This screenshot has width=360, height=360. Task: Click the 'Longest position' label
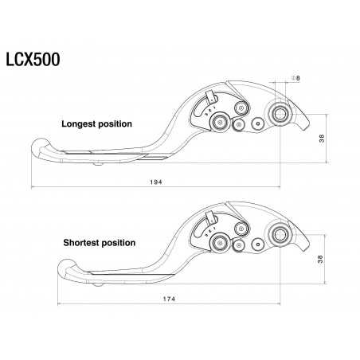click(x=97, y=124)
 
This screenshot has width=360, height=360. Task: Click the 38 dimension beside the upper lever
click(x=321, y=137)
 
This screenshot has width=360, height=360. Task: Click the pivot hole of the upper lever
click(x=280, y=115)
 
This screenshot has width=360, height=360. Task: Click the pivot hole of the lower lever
click(x=280, y=234)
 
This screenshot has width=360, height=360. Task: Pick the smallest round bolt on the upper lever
click(x=257, y=123)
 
